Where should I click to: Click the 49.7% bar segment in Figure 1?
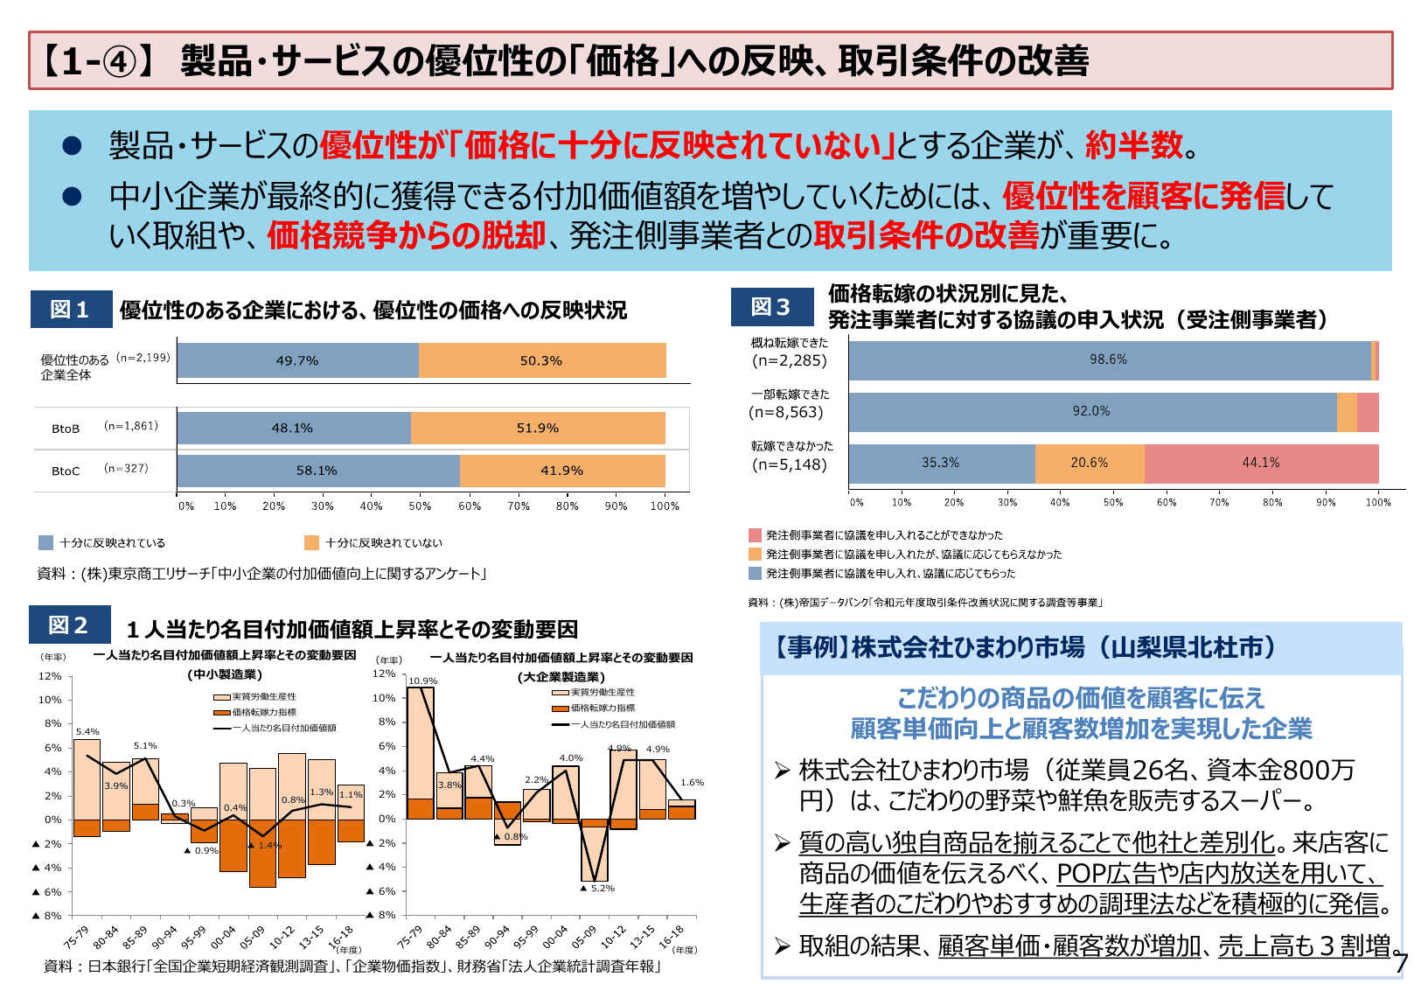point(297,360)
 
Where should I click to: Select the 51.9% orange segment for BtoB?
point(537,428)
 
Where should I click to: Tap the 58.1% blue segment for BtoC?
point(317,471)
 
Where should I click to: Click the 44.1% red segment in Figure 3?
point(1260,463)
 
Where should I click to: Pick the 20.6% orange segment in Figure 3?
point(1089,463)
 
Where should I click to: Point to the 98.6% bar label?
point(1108,359)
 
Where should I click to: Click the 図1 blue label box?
point(71,310)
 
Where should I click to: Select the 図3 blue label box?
point(771,307)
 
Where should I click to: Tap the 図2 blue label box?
point(69,625)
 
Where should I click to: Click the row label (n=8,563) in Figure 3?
point(786,412)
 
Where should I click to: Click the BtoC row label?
point(66,471)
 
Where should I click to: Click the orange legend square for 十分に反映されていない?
point(311,543)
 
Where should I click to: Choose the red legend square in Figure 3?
point(756,535)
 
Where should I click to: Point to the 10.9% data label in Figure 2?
point(423,680)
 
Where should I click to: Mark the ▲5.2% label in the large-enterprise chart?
point(598,888)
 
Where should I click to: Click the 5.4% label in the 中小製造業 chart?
point(87,731)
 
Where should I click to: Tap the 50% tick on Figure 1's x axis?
point(421,506)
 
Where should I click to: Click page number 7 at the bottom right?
point(1402,963)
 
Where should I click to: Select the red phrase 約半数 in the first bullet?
point(1133,145)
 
